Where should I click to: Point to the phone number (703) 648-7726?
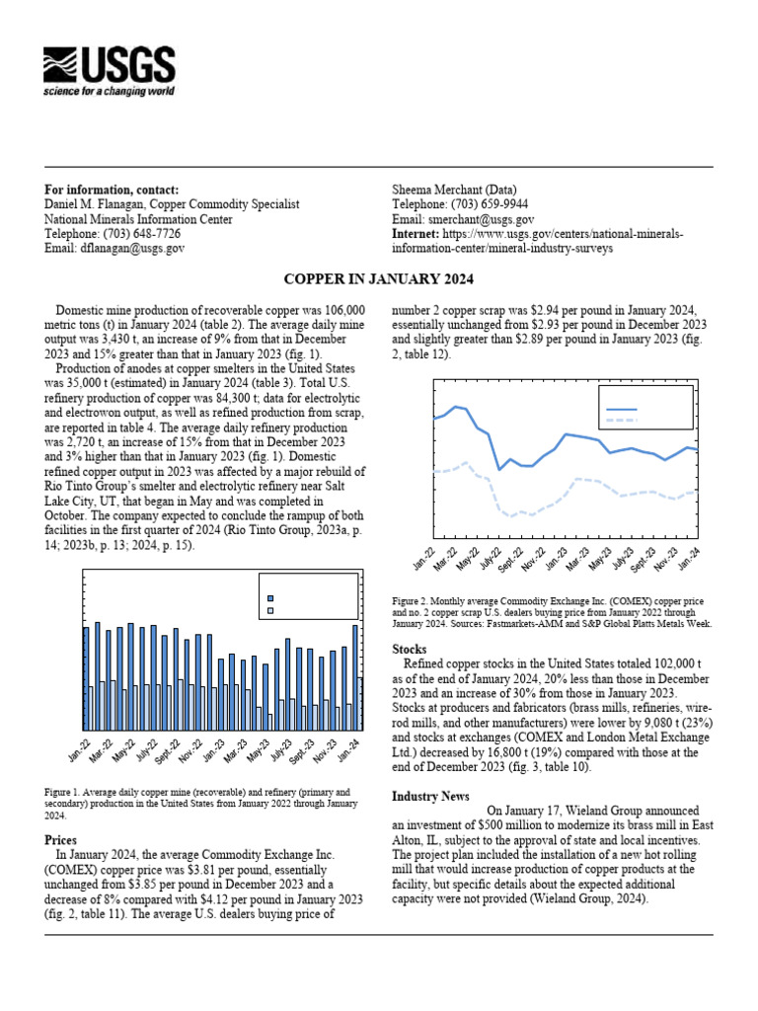pos(141,234)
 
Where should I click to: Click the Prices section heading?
pos(61,839)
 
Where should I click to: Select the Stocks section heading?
pos(410,650)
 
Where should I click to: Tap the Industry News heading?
pos(430,796)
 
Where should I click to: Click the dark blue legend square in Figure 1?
pos(271,597)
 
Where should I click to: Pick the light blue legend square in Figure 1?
pos(271,611)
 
